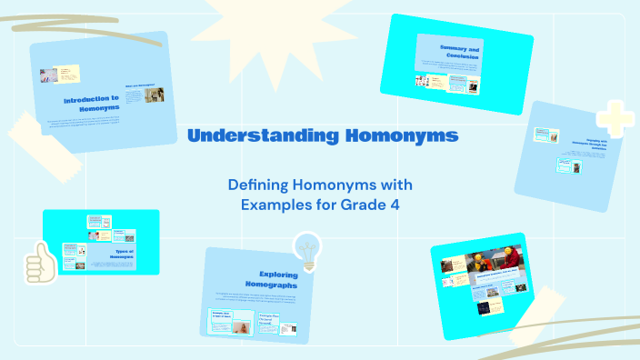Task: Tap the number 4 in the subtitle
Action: [395, 205]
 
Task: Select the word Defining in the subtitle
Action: [258, 185]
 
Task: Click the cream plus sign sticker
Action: [614, 119]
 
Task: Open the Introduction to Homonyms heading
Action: [91, 102]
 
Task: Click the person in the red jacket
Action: [514, 259]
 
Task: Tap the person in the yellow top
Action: [479, 264]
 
